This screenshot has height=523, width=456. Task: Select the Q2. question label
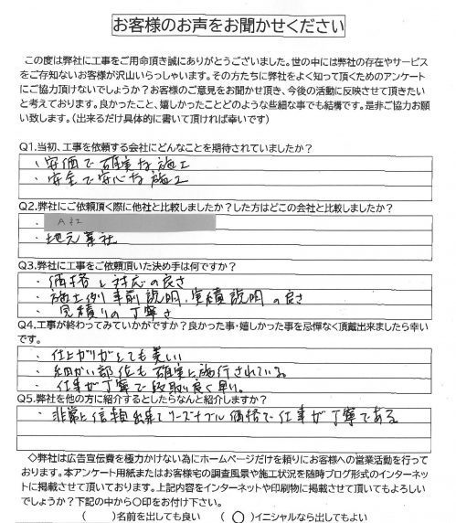coord(29,206)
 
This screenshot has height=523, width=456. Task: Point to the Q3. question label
coord(29,265)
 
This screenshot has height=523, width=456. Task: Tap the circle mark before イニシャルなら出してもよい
coord(239,514)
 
